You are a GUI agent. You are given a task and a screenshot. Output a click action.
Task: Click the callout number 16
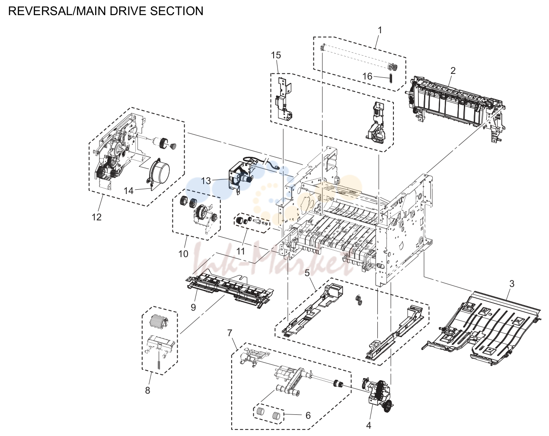point(367,76)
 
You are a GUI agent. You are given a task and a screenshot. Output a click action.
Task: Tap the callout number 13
point(206,181)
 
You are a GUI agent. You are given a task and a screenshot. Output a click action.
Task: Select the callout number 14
point(128,191)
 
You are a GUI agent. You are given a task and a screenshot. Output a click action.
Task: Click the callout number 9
point(193,308)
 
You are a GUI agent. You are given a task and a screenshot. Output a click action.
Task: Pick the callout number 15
point(276,55)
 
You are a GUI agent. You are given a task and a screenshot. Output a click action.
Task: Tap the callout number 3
point(512,283)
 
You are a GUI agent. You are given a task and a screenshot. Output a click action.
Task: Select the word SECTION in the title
point(177,11)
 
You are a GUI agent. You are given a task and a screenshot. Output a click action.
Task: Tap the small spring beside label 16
point(390,78)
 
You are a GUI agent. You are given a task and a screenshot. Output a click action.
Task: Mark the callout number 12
point(97,217)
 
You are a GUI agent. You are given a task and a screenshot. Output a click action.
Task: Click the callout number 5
point(307,273)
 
